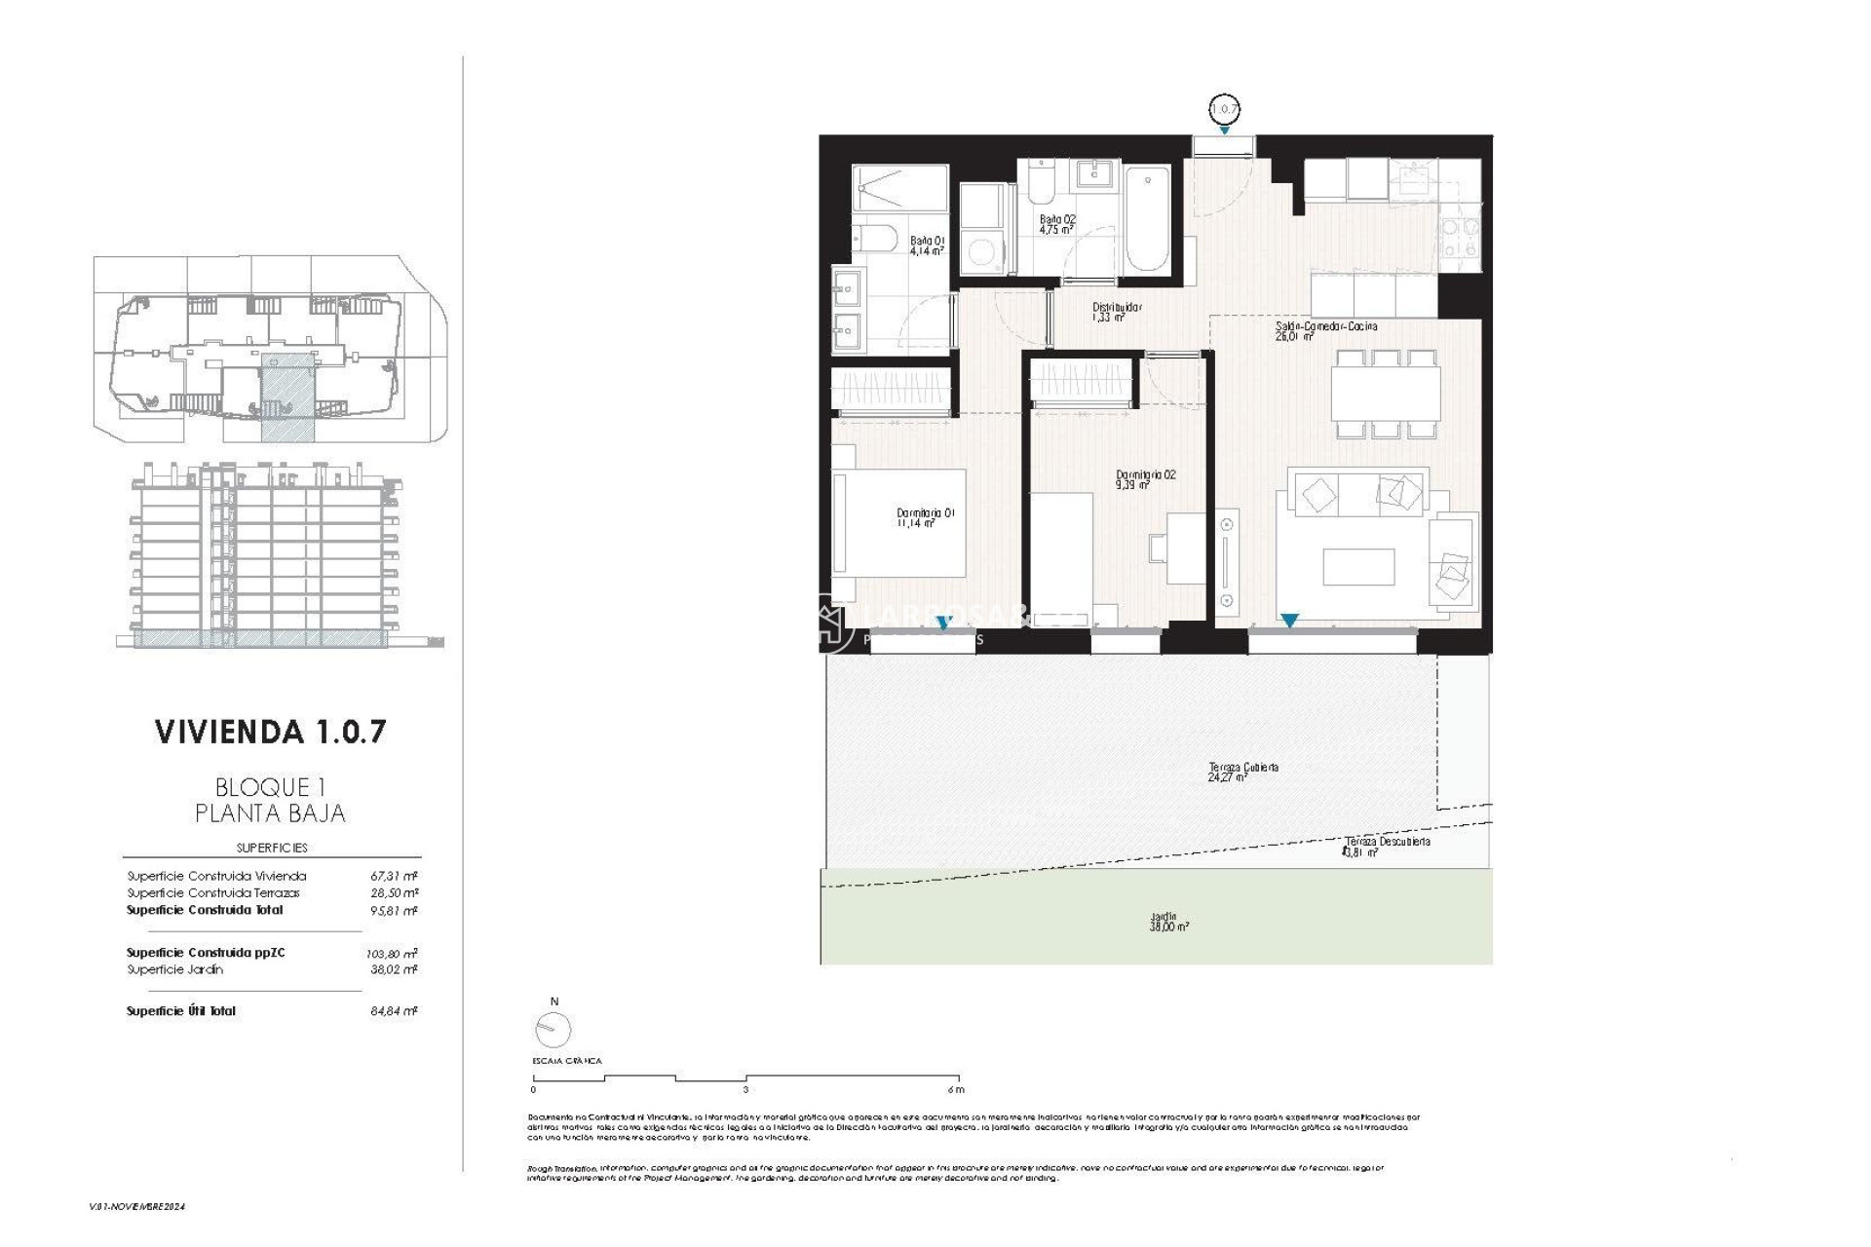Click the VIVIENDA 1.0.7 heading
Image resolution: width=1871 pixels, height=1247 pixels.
tap(270, 732)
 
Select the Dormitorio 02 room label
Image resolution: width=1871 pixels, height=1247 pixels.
tap(1145, 479)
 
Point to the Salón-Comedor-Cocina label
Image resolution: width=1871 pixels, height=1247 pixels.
tap(1325, 330)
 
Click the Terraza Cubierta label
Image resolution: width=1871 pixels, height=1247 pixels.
tap(1242, 772)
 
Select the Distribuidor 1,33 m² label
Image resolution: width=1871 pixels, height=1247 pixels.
tap(1116, 312)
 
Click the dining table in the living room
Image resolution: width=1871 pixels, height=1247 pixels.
tap(1385, 394)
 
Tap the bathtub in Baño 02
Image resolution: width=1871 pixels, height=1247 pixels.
tap(1146, 221)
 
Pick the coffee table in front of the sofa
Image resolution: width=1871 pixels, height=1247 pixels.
tap(1358, 567)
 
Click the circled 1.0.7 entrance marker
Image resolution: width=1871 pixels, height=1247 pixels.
tap(1224, 109)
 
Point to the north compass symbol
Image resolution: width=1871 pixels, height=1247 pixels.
tap(553, 1029)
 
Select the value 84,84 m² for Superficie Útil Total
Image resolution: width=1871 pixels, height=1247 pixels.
tap(394, 1011)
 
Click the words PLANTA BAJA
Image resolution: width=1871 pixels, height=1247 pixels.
tap(270, 813)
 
